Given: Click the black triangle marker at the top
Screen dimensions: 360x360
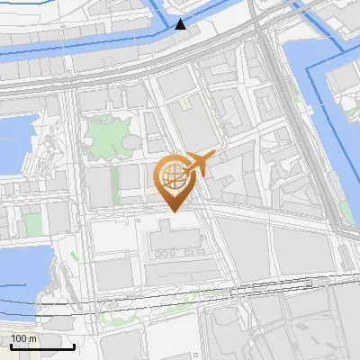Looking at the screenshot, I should (182, 24).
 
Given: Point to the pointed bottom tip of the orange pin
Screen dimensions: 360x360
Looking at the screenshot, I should (172, 211).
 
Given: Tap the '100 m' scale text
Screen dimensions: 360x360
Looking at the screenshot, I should (23, 338).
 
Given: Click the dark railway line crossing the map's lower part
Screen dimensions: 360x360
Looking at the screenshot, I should (180, 296).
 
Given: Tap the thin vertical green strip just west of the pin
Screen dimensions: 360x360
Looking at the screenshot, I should (116, 184).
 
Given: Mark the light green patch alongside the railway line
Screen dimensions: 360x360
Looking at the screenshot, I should (117, 314).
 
